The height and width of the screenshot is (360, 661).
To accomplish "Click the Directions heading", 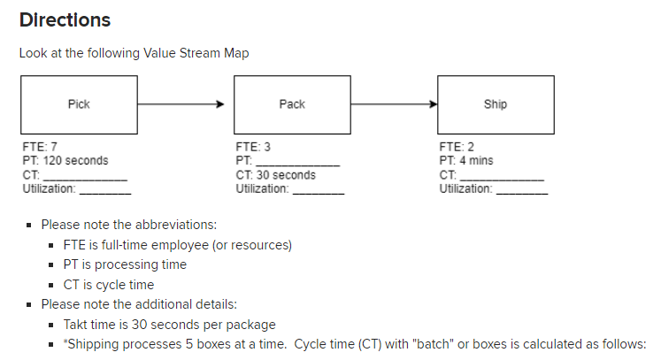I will [x=65, y=19].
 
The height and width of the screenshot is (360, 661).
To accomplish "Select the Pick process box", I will [x=79, y=104].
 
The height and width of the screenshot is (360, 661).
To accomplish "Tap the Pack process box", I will [x=291, y=104].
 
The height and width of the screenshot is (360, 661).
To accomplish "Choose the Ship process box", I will [x=496, y=104].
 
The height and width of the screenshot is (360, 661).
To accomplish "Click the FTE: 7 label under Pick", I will [x=40, y=147].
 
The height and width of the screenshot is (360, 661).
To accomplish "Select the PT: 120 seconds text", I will [x=65, y=161].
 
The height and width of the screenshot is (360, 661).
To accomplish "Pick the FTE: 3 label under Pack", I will [x=252, y=147].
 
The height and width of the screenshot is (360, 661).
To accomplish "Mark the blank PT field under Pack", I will [x=297, y=163].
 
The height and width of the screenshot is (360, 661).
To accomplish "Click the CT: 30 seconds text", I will [x=275, y=175].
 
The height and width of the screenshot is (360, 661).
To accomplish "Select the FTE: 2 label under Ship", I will [x=456, y=147].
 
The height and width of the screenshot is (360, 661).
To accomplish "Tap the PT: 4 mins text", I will [x=466, y=161].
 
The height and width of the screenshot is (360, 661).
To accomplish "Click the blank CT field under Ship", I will [x=502, y=177].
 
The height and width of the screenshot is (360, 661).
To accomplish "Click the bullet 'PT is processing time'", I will [x=125, y=264].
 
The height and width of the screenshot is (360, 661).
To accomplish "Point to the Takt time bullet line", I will [x=169, y=324].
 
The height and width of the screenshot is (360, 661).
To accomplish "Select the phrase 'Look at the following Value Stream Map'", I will [x=134, y=53].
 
